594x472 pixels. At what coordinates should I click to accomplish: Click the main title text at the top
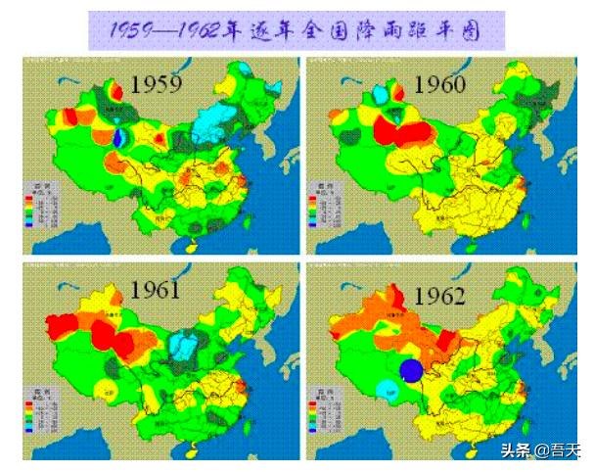pyautogui.click(x=296, y=30)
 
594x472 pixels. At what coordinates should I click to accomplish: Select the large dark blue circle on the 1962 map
pyautogui.click(x=412, y=369)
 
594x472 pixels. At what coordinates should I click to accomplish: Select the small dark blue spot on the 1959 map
pyautogui.click(x=119, y=138)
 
